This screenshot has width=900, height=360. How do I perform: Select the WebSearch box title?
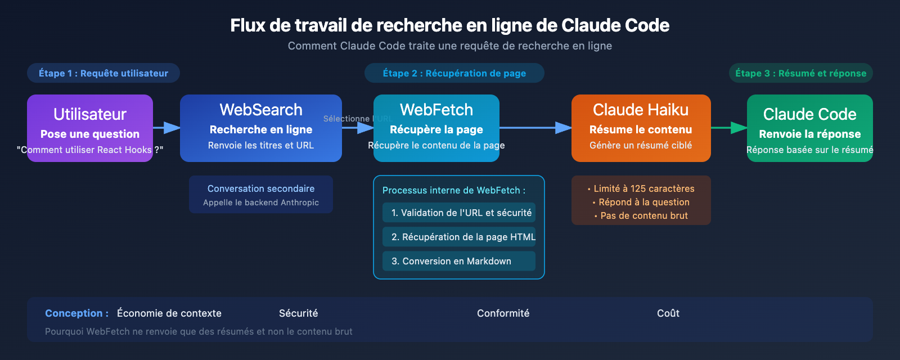tap(261, 110)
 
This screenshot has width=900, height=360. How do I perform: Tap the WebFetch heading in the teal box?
tap(436, 110)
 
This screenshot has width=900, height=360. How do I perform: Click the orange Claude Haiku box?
tap(641, 128)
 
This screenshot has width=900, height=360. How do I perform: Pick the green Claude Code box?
tap(809, 128)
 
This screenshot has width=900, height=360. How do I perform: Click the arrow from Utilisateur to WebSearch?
tap(166, 128)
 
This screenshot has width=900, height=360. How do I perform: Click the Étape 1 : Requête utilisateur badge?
tap(103, 73)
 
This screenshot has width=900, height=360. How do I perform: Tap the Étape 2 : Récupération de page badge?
tap(454, 73)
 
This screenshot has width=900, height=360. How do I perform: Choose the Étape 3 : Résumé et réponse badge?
tap(800, 73)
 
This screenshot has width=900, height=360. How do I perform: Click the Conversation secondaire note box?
tap(261, 195)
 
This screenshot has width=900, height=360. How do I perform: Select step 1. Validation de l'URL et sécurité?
tap(459, 213)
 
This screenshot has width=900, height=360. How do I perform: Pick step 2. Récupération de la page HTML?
tap(459, 237)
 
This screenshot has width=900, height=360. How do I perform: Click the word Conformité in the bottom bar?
tap(503, 313)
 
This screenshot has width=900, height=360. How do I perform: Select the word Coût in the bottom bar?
tap(668, 313)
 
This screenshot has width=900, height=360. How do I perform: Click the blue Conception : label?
tap(76, 313)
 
